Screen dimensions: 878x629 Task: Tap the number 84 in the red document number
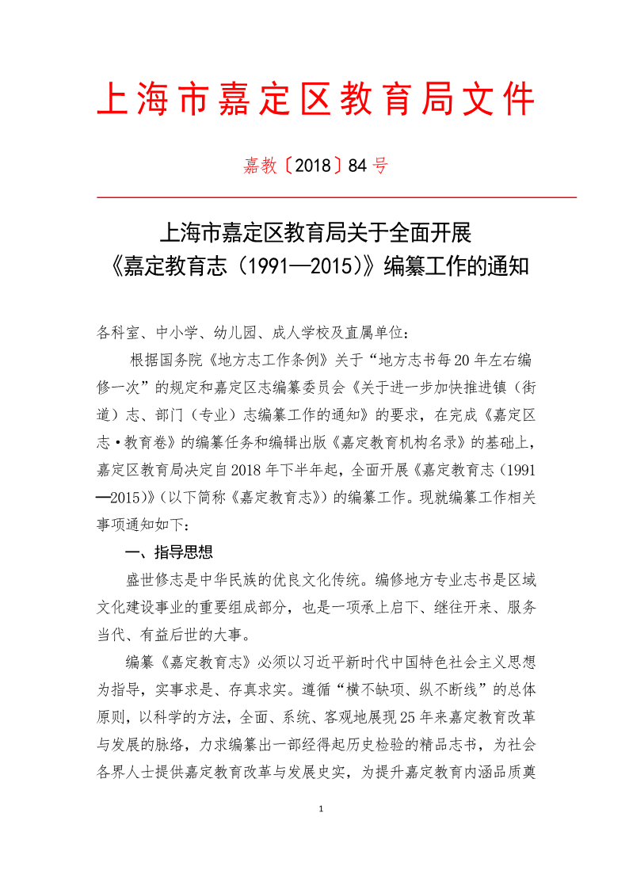(x=358, y=166)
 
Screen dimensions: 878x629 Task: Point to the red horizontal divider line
(x=336, y=197)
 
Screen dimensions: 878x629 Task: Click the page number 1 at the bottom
(x=320, y=809)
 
